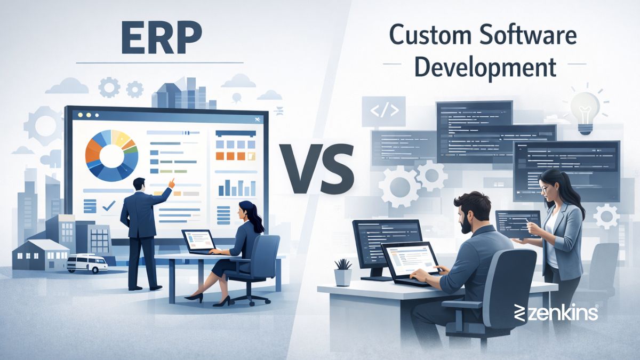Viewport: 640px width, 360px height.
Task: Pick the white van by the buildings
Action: [x=86, y=263]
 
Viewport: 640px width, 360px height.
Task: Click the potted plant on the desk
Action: [x=343, y=272]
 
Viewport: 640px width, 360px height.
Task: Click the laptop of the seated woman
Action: [x=198, y=241]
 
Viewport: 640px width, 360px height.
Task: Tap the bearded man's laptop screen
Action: [x=410, y=261]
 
